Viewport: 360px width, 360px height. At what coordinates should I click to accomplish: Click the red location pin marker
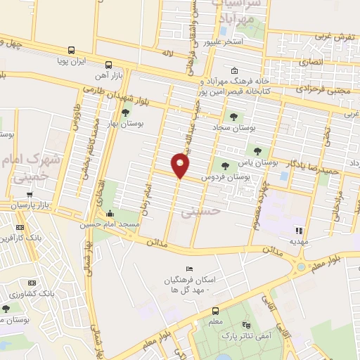[181, 166]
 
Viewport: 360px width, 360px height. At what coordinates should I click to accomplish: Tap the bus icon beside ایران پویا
[71, 50]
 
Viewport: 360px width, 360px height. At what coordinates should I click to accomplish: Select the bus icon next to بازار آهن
[107, 62]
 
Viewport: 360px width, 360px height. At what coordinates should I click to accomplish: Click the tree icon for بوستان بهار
[126, 112]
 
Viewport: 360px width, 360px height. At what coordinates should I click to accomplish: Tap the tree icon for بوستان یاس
[257, 150]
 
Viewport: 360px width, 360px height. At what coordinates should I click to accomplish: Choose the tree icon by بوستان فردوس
[225, 166]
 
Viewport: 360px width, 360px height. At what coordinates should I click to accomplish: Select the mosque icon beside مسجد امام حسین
[110, 214]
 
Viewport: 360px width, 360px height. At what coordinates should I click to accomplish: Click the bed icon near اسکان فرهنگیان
[188, 269]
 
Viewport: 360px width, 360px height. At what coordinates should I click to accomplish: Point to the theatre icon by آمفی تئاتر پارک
[246, 325]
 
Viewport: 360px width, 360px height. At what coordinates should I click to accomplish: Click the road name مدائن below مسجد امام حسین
[156, 242]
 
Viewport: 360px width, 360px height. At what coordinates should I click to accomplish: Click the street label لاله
[167, 53]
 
